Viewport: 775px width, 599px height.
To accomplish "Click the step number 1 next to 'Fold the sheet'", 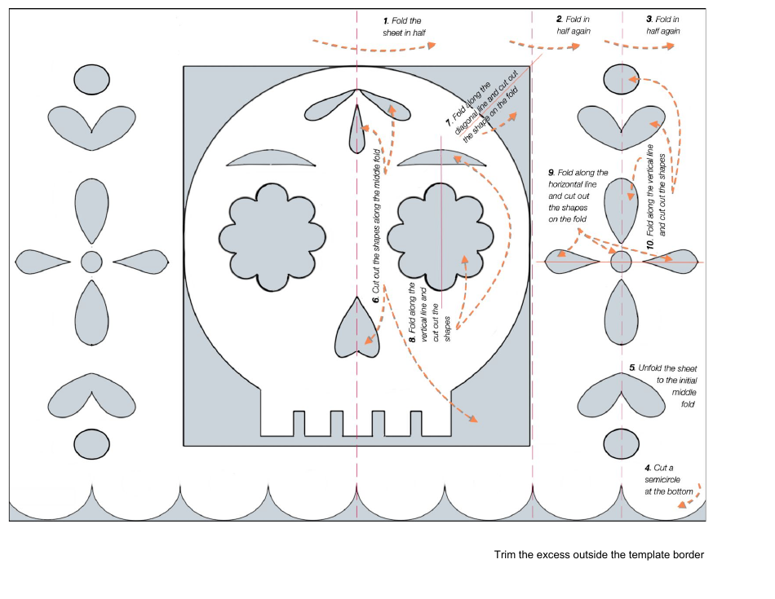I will [x=386, y=20].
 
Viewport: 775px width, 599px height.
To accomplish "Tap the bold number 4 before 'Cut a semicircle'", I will [x=647, y=468].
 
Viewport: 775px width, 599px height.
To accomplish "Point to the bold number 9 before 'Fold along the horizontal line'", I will [x=551, y=173].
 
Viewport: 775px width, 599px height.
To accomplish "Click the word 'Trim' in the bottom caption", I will [x=505, y=555].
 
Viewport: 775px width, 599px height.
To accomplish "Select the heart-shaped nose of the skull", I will [x=357, y=328].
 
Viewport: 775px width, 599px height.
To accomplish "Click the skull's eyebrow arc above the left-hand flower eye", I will [x=270, y=159].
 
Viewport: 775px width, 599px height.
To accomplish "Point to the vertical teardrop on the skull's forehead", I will [x=356, y=129].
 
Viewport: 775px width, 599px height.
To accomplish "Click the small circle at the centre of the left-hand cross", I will [x=91, y=262].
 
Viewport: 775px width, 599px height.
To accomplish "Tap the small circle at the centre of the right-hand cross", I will [x=621, y=262].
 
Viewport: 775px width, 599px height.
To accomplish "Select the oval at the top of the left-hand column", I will [x=91, y=79].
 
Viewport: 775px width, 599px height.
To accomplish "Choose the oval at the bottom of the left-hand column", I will [x=91, y=444].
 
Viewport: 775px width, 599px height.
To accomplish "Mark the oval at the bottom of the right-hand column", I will [x=621, y=444].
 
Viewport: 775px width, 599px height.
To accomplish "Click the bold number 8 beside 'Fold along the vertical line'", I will [x=413, y=337].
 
